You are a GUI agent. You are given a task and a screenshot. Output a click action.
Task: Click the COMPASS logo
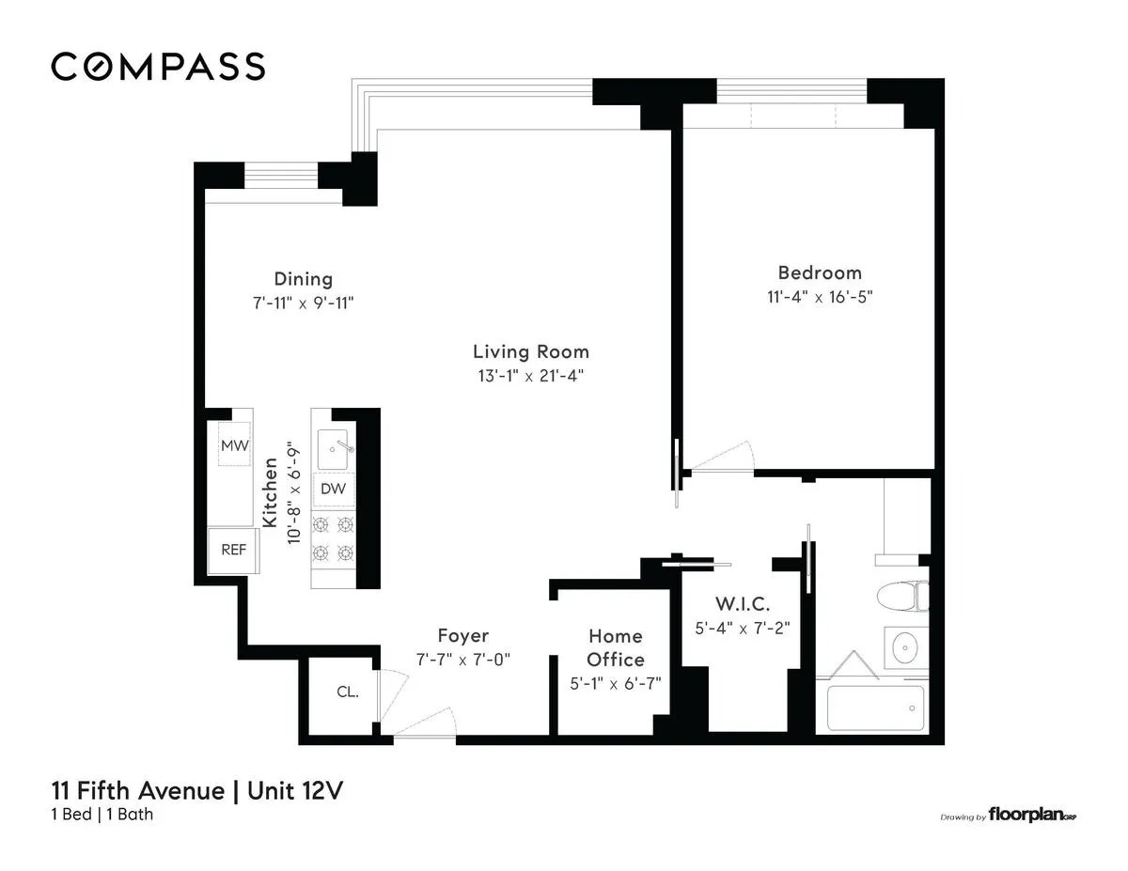coord(158,67)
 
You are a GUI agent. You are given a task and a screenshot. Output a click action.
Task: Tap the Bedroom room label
coord(819,272)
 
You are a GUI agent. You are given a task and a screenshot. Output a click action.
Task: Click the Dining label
coord(303,279)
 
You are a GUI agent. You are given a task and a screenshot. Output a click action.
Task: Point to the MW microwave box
coord(234,445)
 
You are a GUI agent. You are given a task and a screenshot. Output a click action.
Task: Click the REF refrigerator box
coord(233,550)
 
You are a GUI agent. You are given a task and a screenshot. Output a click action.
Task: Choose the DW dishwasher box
coord(333,489)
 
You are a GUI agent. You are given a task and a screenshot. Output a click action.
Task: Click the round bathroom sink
coord(904,646)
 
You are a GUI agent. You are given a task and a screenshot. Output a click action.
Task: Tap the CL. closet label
coord(347,692)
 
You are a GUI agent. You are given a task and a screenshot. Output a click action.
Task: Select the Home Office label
coord(616,648)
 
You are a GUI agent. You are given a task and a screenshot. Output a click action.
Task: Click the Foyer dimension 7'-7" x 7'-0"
coord(462,660)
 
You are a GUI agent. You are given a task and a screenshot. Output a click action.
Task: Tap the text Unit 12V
coord(294,790)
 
